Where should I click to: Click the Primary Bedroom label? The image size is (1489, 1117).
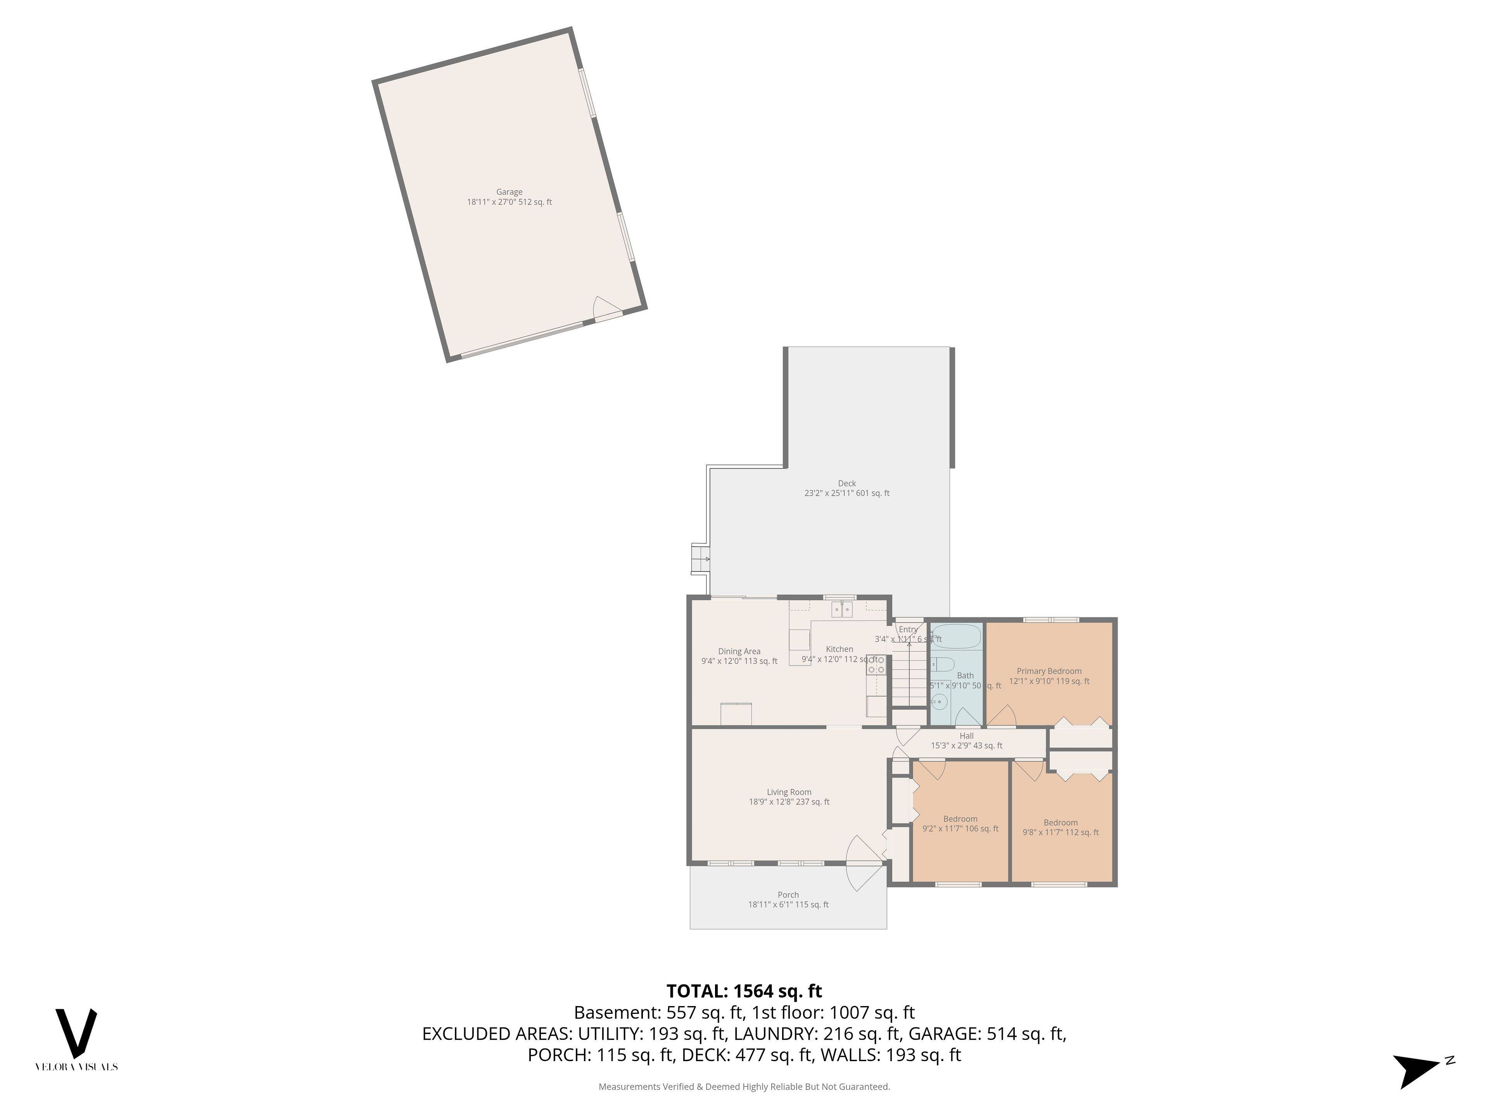click(1049, 675)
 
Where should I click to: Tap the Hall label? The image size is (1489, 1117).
click(967, 741)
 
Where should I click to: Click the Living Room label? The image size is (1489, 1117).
click(789, 797)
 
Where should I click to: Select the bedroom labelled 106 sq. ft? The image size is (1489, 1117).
click(960, 823)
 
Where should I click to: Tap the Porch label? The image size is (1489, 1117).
click(788, 899)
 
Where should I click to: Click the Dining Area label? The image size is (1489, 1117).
click(739, 656)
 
